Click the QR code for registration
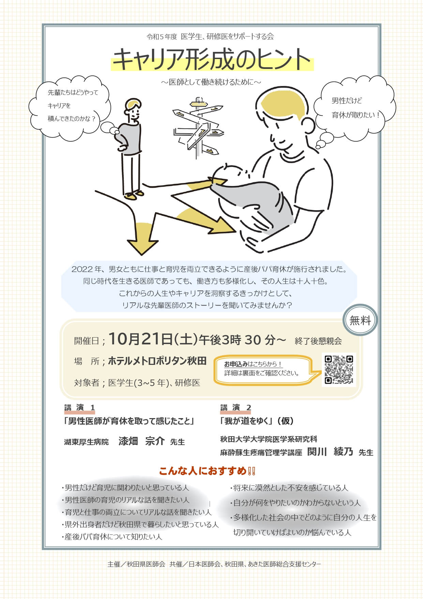click(339, 370)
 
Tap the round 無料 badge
click(360, 320)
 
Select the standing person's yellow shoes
click(135, 195)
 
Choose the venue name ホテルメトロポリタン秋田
click(157, 361)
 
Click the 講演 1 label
click(79, 408)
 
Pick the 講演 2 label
click(236, 408)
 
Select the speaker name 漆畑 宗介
click(141, 441)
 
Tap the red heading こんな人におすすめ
click(207, 471)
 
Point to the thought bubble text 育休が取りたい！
click(356, 115)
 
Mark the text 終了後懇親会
click(318, 341)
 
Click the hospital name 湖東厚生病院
click(87, 442)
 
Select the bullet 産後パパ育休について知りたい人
click(112, 537)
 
